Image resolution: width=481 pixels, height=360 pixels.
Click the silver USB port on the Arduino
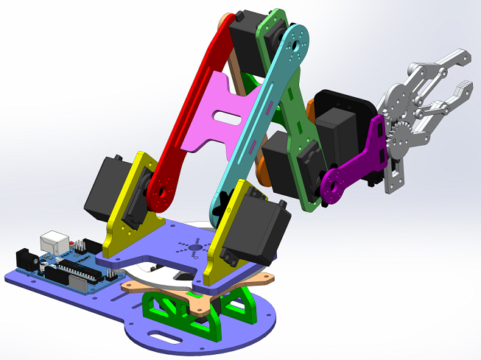(x=55, y=242)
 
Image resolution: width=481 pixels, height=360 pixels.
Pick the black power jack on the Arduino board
(x=27, y=258)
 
